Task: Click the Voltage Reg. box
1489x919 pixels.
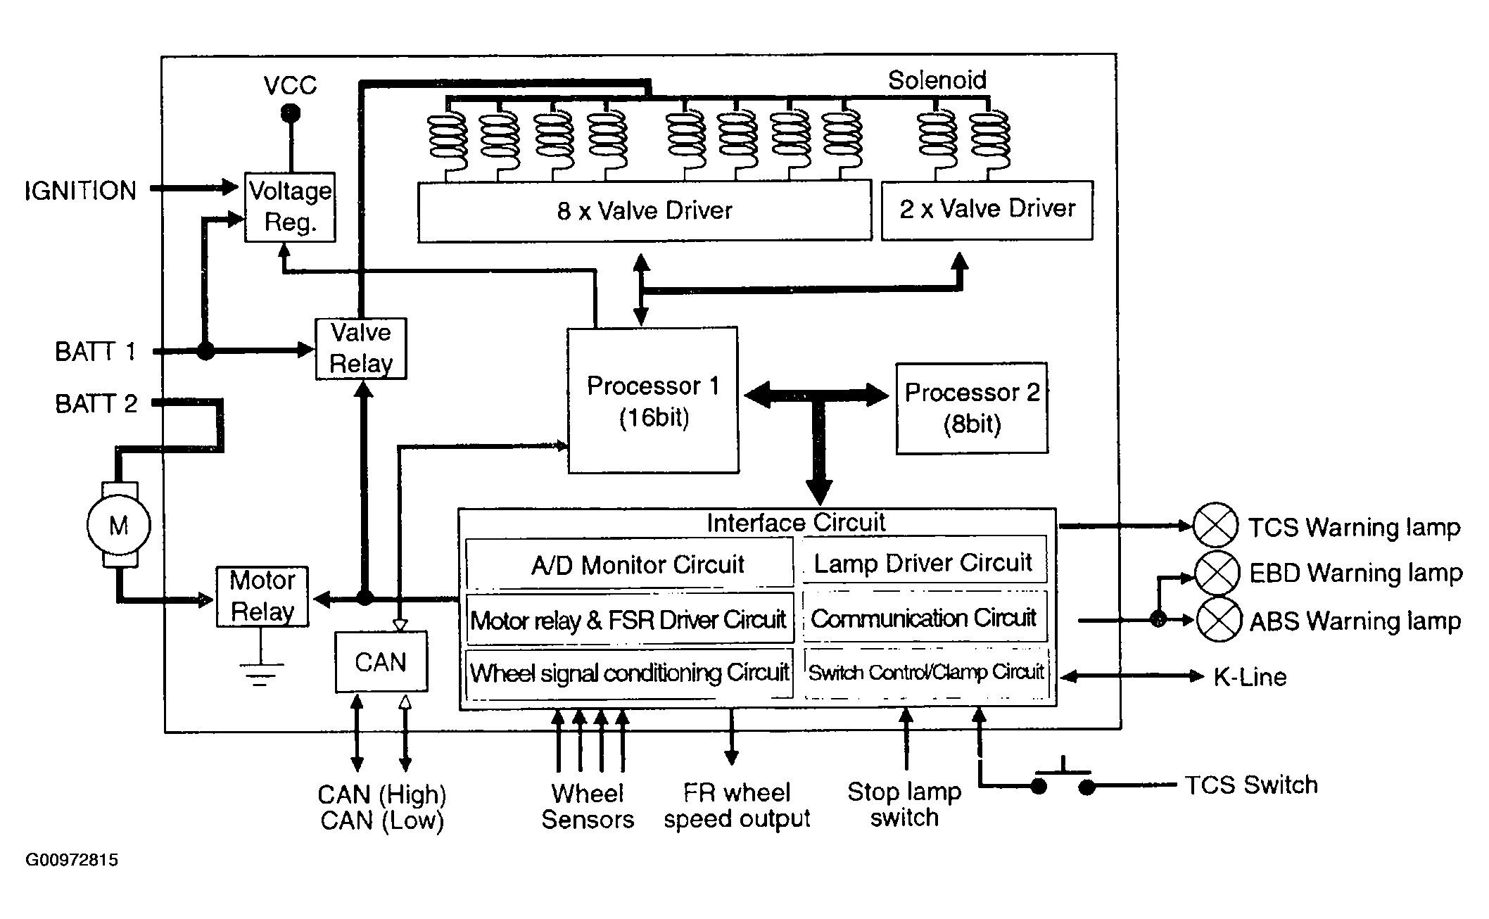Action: [290, 207]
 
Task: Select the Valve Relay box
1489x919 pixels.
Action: [361, 348]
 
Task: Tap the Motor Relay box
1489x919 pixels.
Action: [262, 596]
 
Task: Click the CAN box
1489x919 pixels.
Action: [381, 661]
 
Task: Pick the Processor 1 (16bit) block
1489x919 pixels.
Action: [653, 400]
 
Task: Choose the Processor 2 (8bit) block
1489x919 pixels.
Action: [972, 408]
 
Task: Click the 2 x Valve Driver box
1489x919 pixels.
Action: [987, 210]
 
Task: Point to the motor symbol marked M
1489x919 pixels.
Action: [118, 525]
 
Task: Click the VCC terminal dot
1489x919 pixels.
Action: [289, 113]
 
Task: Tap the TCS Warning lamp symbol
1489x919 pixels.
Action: [1215, 525]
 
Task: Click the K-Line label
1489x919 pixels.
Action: [1250, 677]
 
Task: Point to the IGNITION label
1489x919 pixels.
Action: [80, 191]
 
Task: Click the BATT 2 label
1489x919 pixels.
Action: [96, 404]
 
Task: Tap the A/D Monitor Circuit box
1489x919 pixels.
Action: [630, 563]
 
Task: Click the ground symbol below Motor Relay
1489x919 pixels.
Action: [261, 673]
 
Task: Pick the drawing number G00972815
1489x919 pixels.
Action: [72, 860]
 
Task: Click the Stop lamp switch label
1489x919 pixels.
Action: [904, 805]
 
